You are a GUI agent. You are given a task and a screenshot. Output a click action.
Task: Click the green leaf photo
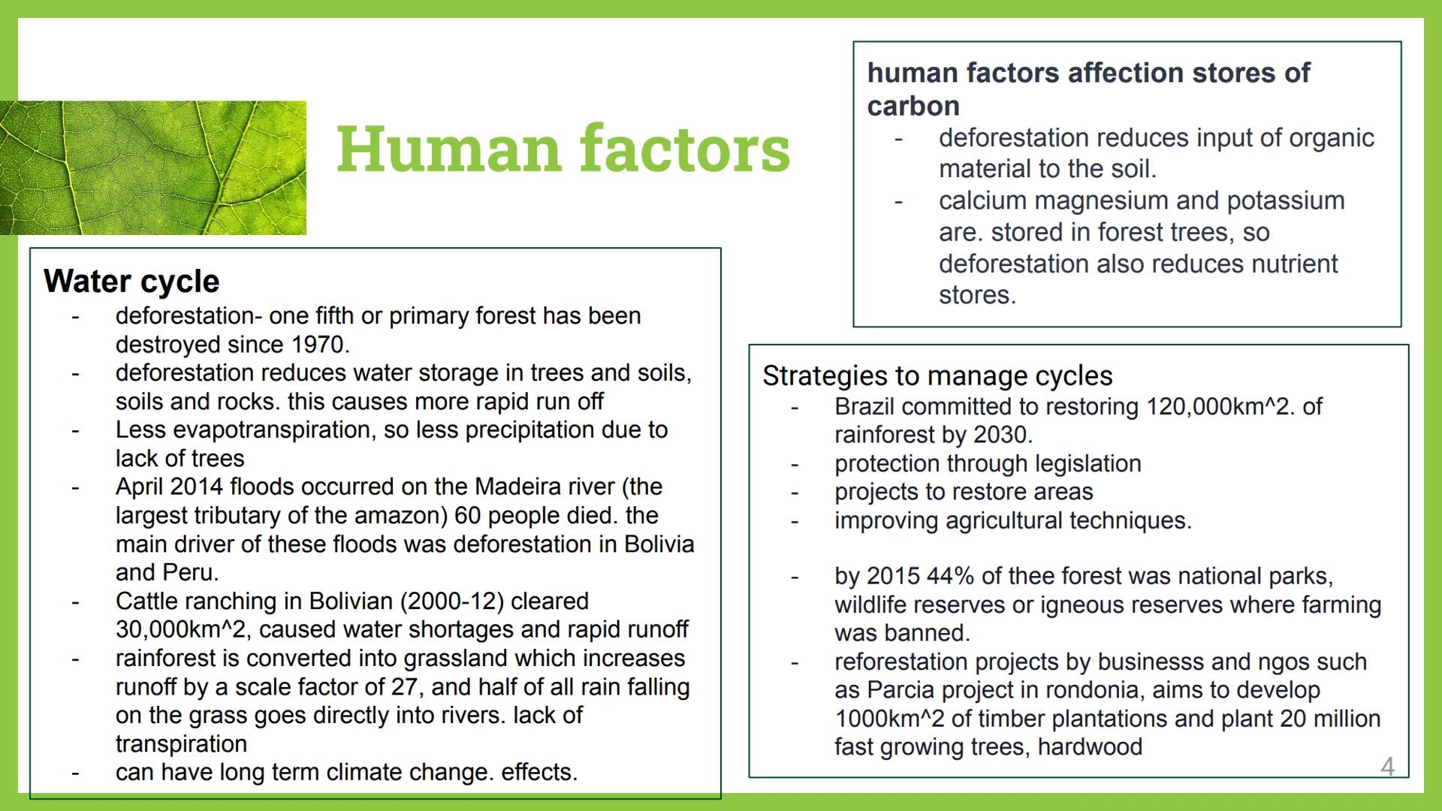point(153,167)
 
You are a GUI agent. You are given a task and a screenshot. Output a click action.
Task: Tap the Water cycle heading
point(131,282)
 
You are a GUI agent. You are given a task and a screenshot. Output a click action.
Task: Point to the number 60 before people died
point(468,516)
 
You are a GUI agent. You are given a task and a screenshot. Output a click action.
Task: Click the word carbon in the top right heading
point(913,107)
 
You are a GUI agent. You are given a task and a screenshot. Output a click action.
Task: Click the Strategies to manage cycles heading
point(937,376)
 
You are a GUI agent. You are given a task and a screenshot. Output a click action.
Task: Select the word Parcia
point(900,691)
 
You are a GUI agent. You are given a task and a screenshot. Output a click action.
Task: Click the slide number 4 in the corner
point(1388,767)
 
